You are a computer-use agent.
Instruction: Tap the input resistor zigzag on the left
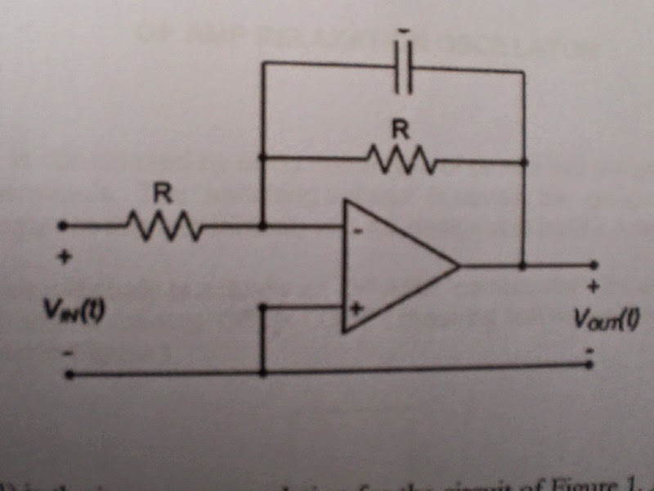tap(163, 225)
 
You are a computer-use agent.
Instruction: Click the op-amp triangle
tap(392, 267)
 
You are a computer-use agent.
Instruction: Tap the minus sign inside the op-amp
tap(358, 232)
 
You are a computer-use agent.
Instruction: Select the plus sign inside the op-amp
tap(357, 309)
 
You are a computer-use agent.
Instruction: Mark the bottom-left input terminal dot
tap(69, 374)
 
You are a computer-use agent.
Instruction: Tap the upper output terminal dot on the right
tap(594, 265)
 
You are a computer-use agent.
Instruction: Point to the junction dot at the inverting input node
tap(262, 225)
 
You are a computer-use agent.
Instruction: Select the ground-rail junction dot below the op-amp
tap(262, 372)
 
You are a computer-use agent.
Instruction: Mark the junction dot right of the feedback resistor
tap(524, 162)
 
